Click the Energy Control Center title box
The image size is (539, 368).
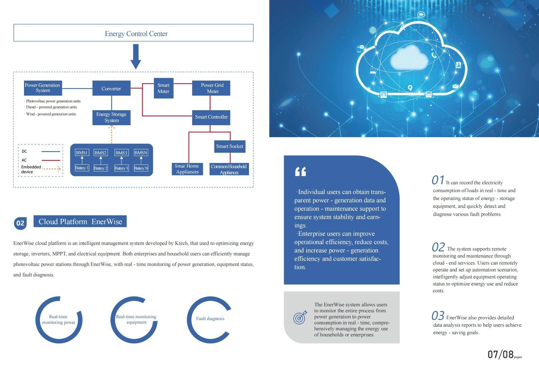click(133, 33)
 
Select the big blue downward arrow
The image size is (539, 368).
click(136, 57)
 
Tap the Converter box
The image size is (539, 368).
click(111, 88)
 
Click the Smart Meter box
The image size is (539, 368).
click(164, 88)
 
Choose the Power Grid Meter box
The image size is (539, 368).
click(211, 88)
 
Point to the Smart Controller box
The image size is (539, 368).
click(211, 117)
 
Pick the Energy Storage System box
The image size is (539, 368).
click(111, 117)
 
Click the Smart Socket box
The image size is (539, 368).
click(230, 146)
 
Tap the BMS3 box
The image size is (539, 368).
click(121, 153)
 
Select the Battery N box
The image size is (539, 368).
click(141, 168)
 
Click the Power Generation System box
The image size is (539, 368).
click(43, 88)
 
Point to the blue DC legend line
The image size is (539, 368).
click(51, 152)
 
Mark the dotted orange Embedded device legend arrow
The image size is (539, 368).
click(51, 169)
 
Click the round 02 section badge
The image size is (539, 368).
click(20, 223)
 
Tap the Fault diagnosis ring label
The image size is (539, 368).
click(210, 318)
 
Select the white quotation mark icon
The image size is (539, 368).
click(300, 172)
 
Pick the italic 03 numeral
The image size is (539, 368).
click(438, 315)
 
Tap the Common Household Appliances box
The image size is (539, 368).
click(229, 169)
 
